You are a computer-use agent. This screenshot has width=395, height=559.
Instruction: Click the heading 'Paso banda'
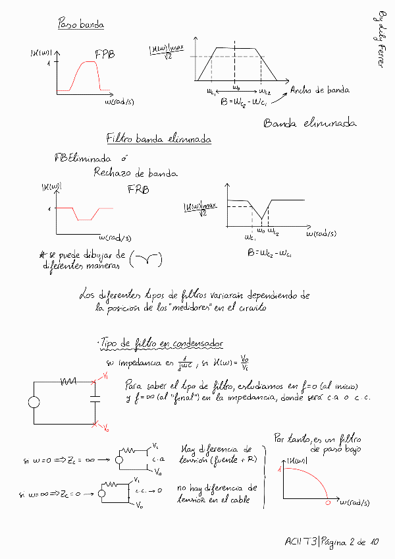click(82, 25)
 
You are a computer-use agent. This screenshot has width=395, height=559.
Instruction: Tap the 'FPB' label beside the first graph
click(105, 55)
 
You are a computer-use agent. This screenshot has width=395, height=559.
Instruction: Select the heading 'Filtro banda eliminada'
click(158, 139)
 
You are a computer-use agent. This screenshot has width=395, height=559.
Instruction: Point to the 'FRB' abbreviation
click(138, 190)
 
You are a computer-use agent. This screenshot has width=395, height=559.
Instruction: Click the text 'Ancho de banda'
click(319, 90)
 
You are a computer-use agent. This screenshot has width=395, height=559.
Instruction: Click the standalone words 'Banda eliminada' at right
click(309, 123)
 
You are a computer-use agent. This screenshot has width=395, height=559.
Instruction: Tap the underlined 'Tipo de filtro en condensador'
click(161, 344)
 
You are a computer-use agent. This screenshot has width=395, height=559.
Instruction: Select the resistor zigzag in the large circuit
click(68, 381)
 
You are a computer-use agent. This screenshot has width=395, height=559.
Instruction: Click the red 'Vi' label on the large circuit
click(105, 374)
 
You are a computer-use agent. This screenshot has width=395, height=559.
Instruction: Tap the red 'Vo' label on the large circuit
click(106, 428)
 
